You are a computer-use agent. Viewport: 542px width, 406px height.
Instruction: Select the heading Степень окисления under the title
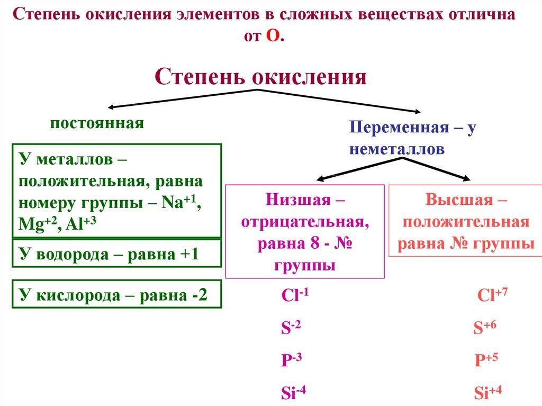[x=260, y=77]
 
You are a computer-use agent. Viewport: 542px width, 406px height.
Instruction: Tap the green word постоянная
[x=97, y=123]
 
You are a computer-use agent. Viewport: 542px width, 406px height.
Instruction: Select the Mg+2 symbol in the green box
[x=35, y=224]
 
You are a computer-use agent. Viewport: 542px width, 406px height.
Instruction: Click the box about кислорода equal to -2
[x=116, y=295]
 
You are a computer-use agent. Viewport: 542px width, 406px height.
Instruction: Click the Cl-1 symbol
[x=295, y=295]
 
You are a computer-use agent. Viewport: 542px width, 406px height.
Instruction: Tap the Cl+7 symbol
[x=492, y=295]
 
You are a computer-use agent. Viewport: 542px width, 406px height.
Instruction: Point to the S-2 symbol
[x=291, y=328]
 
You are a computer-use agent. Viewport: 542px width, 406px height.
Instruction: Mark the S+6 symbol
[x=484, y=328]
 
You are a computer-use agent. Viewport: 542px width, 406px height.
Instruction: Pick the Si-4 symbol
[x=294, y=393]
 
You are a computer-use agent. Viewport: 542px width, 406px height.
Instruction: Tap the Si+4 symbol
[x=487, y=393]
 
